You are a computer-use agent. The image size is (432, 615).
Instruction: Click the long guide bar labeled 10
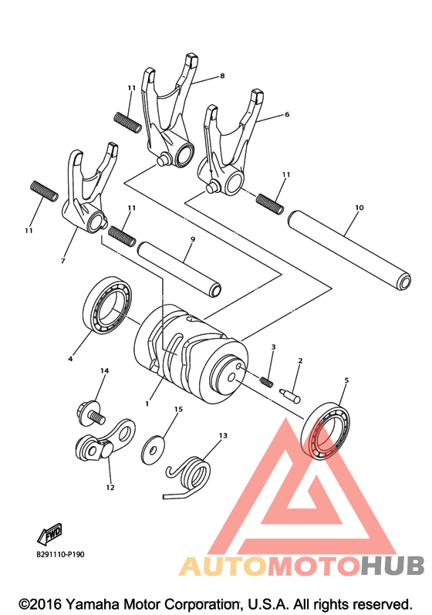tap(349, 250)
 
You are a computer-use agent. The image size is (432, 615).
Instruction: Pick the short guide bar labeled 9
tap(179, 269)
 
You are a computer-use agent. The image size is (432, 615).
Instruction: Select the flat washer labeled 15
tap(154, 450)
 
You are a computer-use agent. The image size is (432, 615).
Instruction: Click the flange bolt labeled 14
tap(90, 414)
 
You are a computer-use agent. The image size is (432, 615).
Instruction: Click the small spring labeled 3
tap(266, 380)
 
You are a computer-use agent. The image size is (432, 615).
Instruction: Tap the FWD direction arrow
tap(49, 534)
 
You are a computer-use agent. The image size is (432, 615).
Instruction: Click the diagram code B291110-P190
tap(60, 555)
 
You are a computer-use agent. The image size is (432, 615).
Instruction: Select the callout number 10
tap(359, 207)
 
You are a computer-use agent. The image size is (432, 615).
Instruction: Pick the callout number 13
tap(223, 435)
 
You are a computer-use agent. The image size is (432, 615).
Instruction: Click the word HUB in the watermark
tap(393, 566)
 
